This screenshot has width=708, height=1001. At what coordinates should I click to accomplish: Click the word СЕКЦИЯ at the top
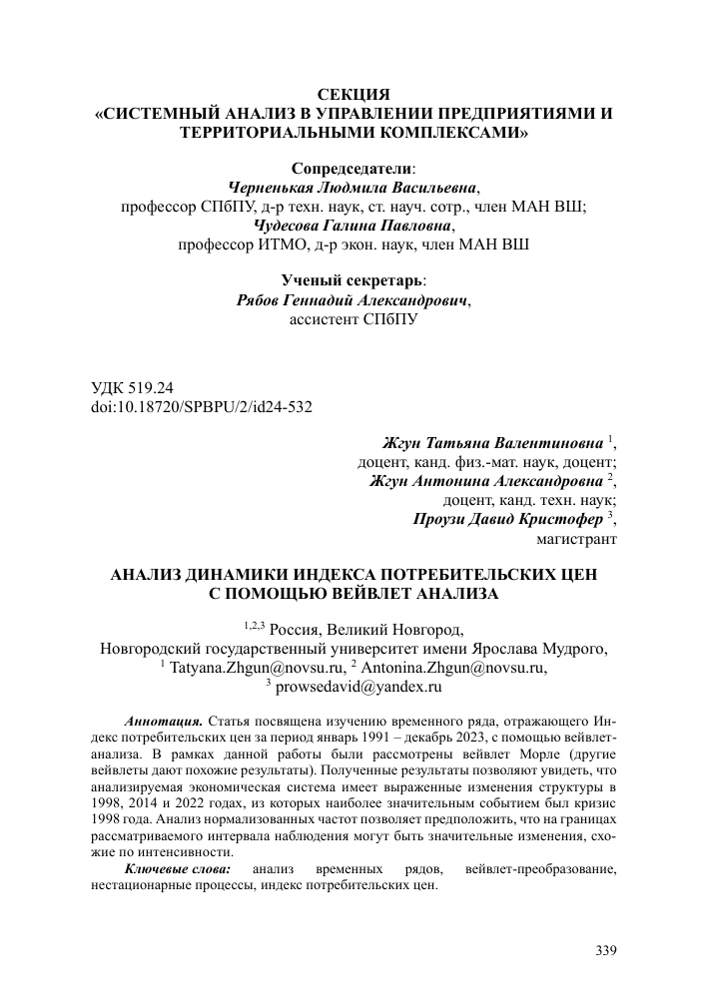point(354,95)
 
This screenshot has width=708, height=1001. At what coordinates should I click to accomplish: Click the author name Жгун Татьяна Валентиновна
point(493,443)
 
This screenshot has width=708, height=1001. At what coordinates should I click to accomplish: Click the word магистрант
point(577,539)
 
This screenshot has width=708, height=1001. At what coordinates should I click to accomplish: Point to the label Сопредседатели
point(353,169)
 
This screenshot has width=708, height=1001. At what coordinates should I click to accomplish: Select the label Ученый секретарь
point(353,281)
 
